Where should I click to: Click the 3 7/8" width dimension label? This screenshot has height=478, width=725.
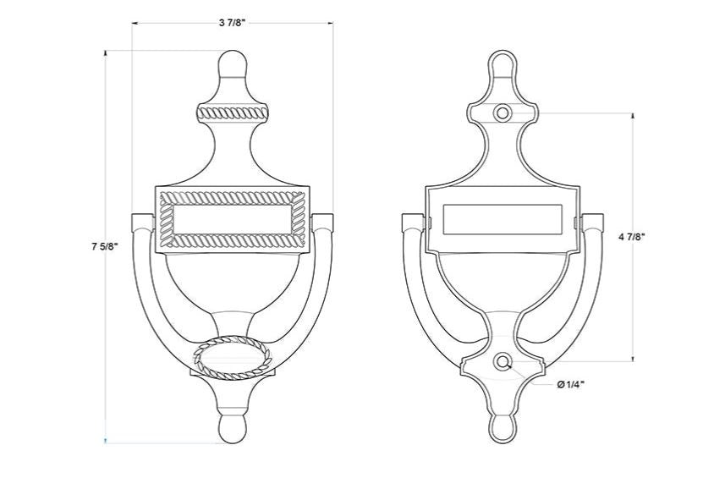pos(232,23)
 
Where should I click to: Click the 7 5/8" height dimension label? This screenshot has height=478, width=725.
pos(106,246)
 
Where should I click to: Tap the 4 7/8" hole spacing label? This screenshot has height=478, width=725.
pos(632,237)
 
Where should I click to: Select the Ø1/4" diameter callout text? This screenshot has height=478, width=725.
pos(570,384)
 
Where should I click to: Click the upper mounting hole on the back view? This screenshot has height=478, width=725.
pos(503,113)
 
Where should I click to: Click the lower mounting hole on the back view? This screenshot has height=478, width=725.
pos(502,362)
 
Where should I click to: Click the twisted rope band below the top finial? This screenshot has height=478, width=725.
pos(232,113)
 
